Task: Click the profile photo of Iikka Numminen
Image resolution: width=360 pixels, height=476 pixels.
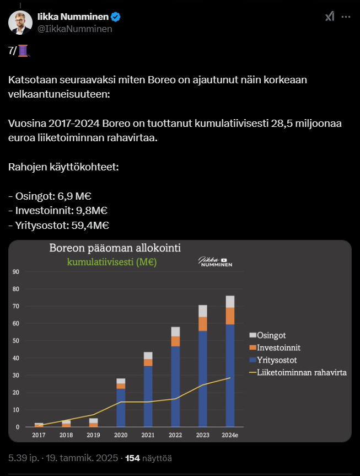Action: click(x=20, y=22)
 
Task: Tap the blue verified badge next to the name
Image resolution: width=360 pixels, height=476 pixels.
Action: click(x=116, y=17)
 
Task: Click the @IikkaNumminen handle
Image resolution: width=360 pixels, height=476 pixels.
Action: click(x=74, y=29)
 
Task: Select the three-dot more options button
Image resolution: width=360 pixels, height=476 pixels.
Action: click(x=346, y=17)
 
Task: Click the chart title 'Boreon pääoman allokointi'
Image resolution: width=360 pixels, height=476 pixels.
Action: click(x=115, y=248)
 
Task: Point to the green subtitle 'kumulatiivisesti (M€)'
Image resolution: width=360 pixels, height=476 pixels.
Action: click(x=112, y=262)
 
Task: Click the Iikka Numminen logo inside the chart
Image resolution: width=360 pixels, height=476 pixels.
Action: click(x=216, y=262)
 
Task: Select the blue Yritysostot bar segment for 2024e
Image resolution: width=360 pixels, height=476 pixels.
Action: click(x=230, y=375)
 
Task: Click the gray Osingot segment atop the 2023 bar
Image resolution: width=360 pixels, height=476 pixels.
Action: click(x=203, y=311)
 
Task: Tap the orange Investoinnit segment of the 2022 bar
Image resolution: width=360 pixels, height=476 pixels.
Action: click(x=175, y=341)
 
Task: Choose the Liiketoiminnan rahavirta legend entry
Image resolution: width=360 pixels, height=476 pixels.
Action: click(x=298, y=372)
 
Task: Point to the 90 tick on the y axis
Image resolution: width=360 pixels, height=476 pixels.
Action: click(x=16, y=272)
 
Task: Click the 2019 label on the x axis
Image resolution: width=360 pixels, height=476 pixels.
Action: click(x=94, y=435)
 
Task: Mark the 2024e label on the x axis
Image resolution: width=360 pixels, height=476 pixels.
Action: click(x=230, y=435)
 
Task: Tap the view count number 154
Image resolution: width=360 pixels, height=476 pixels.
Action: click(x=133, y=458)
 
